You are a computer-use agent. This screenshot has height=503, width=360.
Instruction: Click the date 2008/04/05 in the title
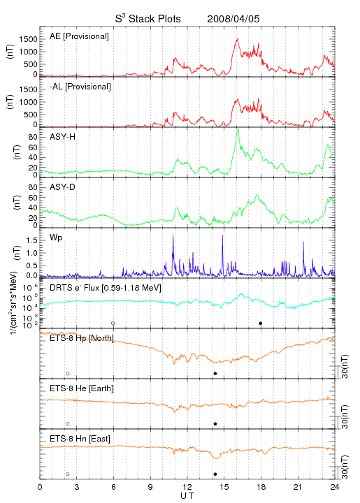(233, 19)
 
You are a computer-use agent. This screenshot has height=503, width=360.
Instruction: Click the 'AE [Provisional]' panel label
(79, 36)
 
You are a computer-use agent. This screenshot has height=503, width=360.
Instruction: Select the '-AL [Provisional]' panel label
(80, 87)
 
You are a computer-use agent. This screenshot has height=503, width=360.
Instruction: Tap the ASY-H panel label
(63, 137)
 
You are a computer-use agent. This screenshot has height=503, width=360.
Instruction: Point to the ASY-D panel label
(63, 187)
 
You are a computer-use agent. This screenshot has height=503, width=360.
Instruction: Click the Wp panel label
(56, 238)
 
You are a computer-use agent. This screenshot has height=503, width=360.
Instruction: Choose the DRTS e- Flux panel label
(106, 288)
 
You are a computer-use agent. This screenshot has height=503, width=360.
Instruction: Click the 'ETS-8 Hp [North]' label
(82, 338)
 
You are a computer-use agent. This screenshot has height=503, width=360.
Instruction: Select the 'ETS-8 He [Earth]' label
(82, 388)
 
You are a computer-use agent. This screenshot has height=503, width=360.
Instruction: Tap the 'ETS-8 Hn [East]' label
(80, 439)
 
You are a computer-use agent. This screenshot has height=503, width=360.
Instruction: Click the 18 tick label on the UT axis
(261, 487)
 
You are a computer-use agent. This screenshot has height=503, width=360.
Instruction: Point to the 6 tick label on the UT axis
(113, 487)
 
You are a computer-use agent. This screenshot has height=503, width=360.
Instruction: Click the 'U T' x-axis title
(187, 496)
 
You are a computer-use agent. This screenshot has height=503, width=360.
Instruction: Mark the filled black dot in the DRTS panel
(261, 323)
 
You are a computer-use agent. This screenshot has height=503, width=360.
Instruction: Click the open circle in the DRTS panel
(113, 323)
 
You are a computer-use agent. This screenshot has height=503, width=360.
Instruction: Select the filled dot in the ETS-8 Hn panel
(215, 474)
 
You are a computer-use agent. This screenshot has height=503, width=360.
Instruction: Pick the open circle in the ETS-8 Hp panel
(68, 374)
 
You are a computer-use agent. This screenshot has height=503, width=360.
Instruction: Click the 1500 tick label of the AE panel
(28, 39)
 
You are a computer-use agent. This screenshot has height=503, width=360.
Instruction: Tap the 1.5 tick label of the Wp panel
(31, 240)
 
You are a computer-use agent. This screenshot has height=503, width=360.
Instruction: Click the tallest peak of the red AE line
(238, 38)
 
